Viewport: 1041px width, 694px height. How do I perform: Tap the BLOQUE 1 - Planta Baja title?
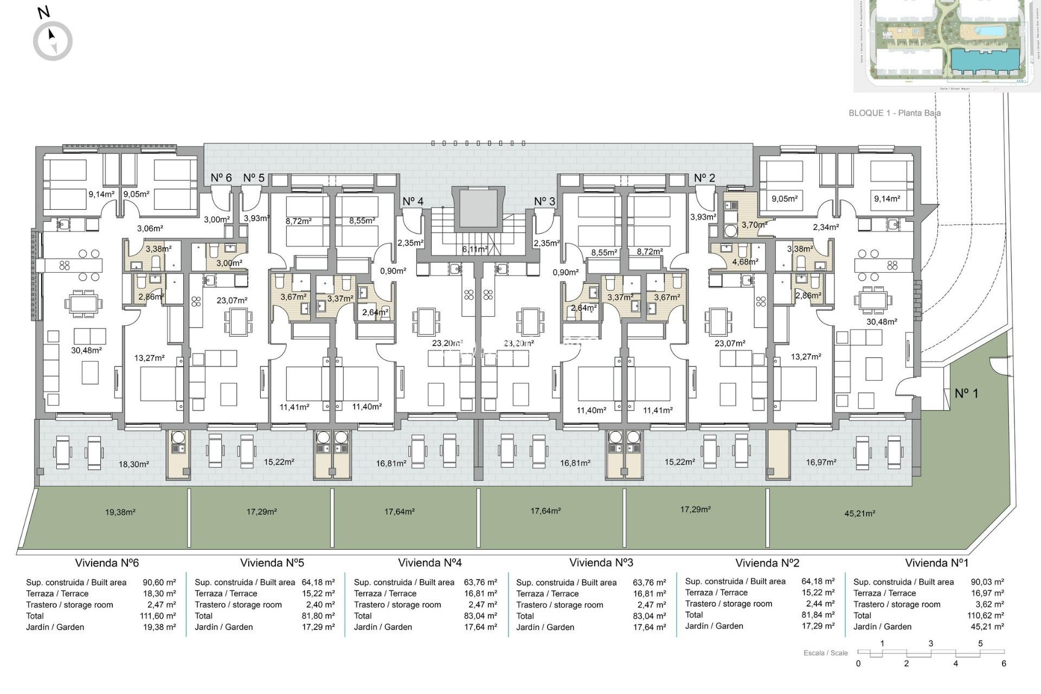tap(894, 113)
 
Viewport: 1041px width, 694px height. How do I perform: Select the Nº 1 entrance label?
tap(966, 393)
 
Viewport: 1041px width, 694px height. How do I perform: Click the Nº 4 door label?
tap(413, 201)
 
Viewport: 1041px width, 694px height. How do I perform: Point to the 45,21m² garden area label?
tap(859, 513)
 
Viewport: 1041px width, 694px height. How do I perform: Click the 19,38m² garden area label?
tap(120, 512)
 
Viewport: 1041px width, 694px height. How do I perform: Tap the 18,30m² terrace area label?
tap(133, 464)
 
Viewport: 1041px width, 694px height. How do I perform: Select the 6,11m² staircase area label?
tap(474, 249)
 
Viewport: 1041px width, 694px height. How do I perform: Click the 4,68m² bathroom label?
tap(745, 262)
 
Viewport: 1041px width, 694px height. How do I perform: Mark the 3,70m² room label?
tap(754, 224)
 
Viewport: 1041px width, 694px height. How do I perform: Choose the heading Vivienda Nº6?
tap(107, 563)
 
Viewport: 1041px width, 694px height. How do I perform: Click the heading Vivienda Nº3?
tap(601, 563)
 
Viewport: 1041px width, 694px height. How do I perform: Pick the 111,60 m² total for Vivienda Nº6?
tap(157, 616)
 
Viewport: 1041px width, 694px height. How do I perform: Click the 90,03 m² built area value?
tap(987, 582)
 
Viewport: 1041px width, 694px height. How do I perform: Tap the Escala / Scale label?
tap(825, 653)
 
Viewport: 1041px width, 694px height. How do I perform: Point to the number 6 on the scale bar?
tap(1004, 664)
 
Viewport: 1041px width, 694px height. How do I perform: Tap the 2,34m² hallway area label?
tap(825, 228)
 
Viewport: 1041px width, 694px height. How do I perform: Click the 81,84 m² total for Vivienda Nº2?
tap(818, 615)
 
